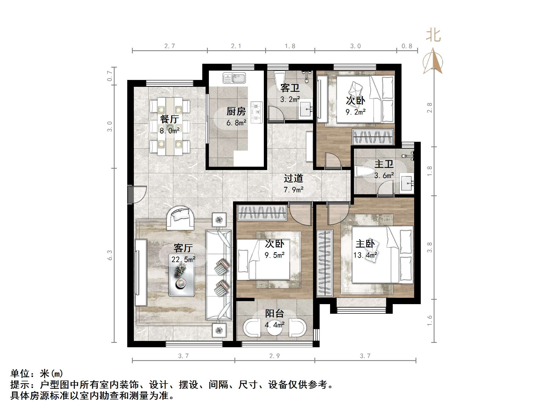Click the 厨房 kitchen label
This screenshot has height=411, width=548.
[x=236, y=111]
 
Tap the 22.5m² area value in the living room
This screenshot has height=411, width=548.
[x=183, y=259]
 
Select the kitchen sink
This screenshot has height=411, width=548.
[x=234, y=78]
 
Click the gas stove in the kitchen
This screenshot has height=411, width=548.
[x=257, y=112]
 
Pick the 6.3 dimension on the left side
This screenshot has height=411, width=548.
[x=110, y=255]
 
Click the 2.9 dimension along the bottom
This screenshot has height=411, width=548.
[x=274, y=356]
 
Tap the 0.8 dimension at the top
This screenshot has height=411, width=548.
[x=407, y=46]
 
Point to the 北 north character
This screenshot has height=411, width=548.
[x=433, y=35]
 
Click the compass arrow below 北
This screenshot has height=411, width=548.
[x=433, y=62]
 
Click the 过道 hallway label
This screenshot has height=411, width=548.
[x=293, y=178]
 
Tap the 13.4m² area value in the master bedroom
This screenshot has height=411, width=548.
[x=365, y=255]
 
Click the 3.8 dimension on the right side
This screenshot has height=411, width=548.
[x=430, y=247]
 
